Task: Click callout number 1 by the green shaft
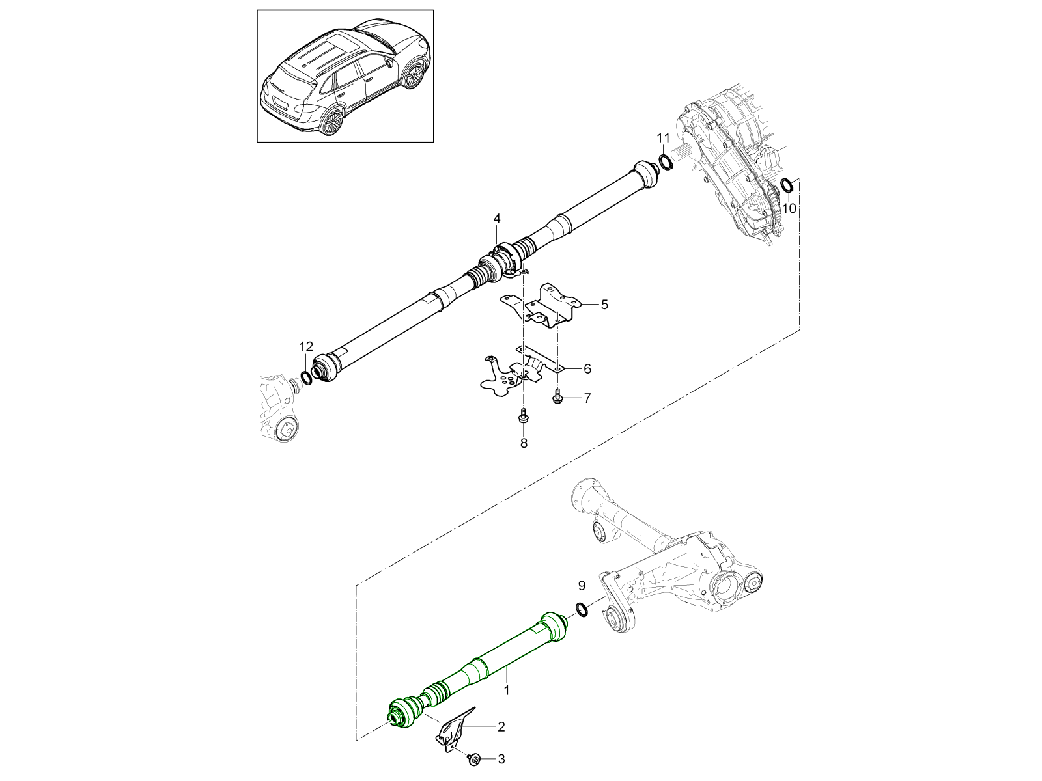click(507, 687)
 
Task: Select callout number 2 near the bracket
click(501, 728)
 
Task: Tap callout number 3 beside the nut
click(501, 759)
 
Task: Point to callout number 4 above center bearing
click(496, 217)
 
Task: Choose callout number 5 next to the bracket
click(604, 304)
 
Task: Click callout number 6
click(587, 369)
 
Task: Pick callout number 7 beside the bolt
click(587, 398)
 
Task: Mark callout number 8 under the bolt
click(524, 443)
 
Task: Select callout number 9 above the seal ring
click(582, 585)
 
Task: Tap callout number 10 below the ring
click(789, 209)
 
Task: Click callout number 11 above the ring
click(663, 137)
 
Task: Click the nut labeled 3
click(474, 758)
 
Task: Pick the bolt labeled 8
click(523, 416)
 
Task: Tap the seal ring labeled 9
click(582, 609)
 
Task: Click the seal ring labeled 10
click(786, 185)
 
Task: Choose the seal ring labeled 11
click(665, 161)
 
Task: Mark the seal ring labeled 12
click(306, 377)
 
